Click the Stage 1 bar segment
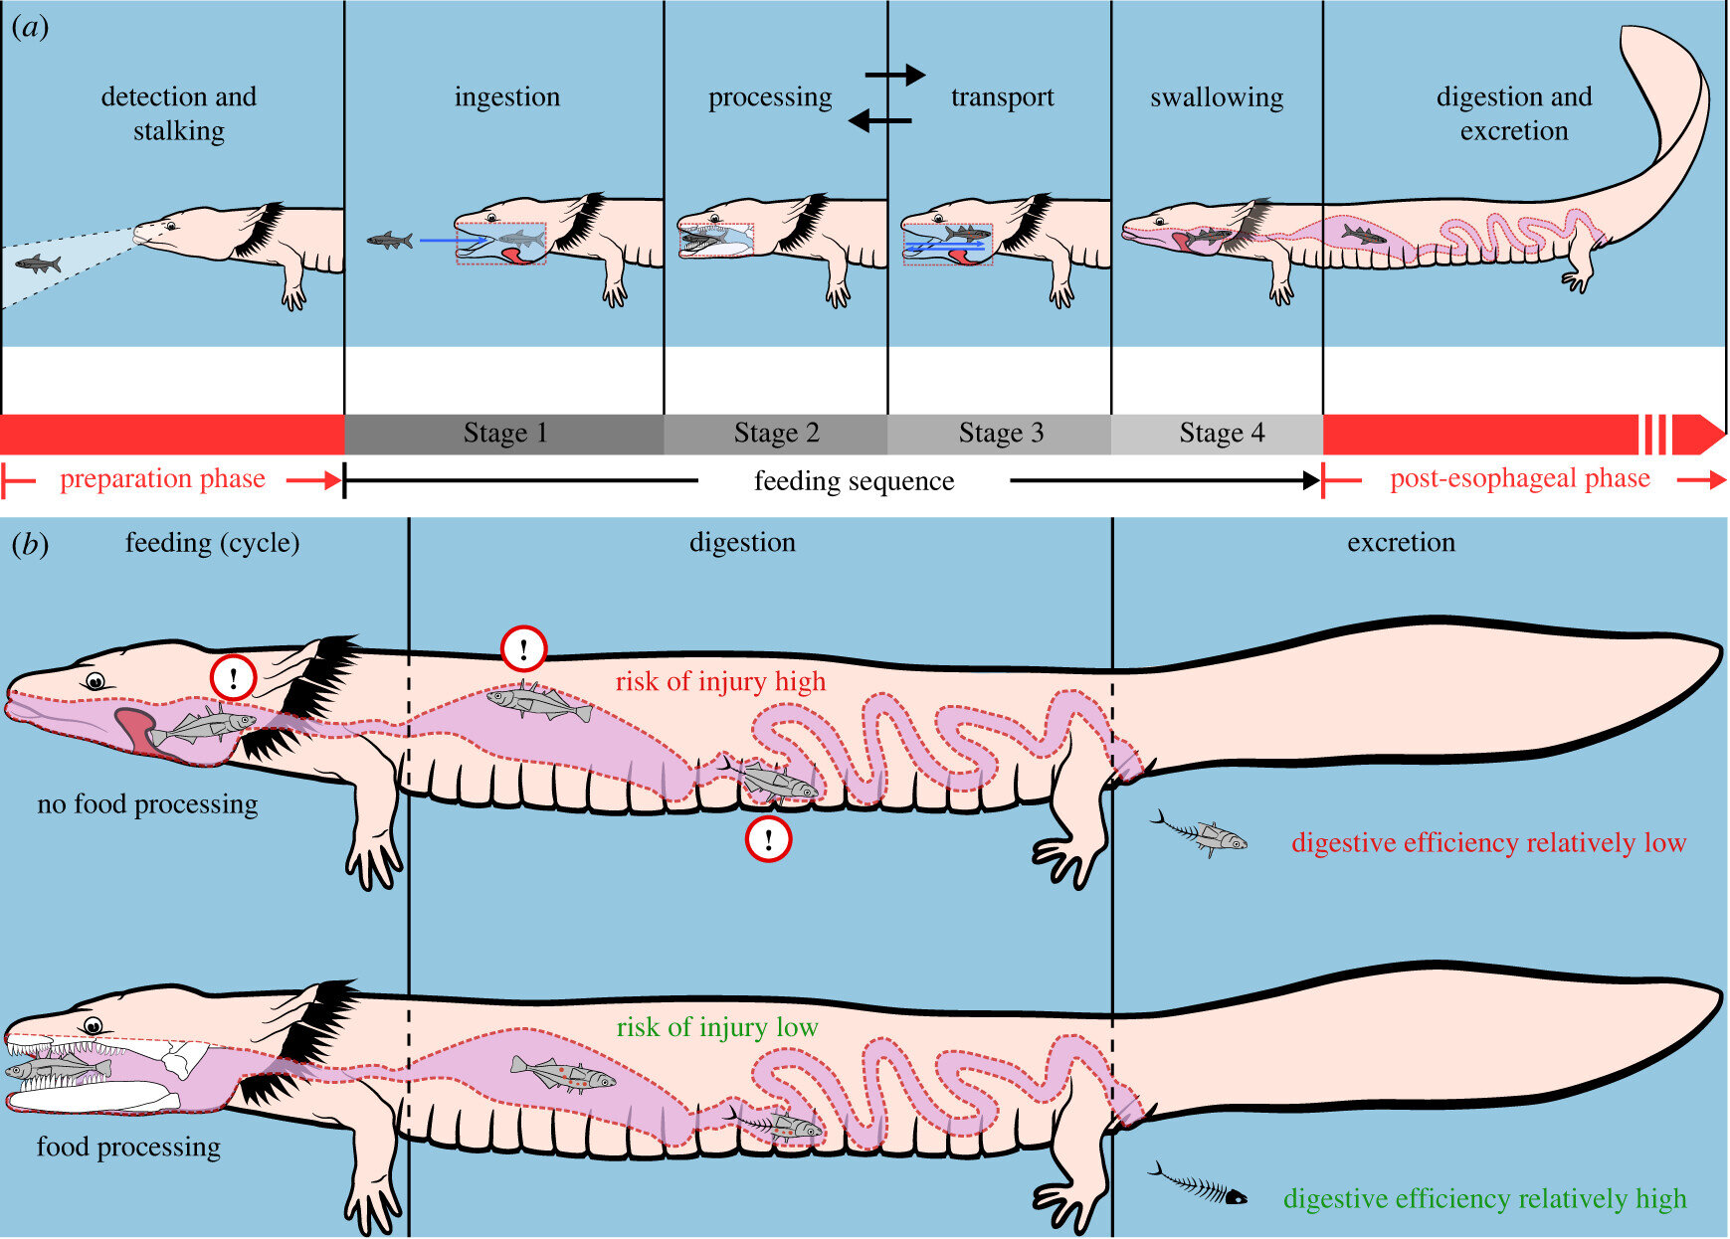click(504, 434)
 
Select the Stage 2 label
click(776, 434)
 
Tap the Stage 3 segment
click(1000, 434)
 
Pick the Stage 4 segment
click(1221, 434)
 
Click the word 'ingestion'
click(507, 97)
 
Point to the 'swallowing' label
click(1217, 97)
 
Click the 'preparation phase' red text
click(162, 479)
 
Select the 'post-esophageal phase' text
click(1519, 479)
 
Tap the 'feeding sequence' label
click(854, 481)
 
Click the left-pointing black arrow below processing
click(879, 120)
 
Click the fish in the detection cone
click(39, 264)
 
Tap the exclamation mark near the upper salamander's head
click(234, 678)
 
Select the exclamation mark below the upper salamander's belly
click(768, 839)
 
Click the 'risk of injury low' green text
click(716, 1027)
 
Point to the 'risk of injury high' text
click(720, 682)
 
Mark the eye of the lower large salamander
click(93, 1027)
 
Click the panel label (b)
click(31, 544)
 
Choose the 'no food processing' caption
click(147, 803)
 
